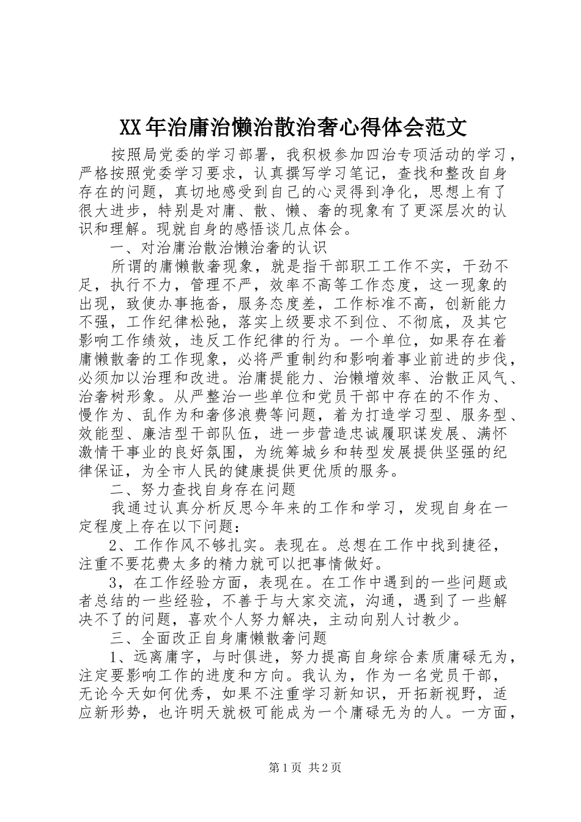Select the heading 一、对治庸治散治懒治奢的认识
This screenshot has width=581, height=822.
coord(219,248)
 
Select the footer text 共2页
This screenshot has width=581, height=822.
coord(325,785)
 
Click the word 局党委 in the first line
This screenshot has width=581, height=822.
coord(166,155)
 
